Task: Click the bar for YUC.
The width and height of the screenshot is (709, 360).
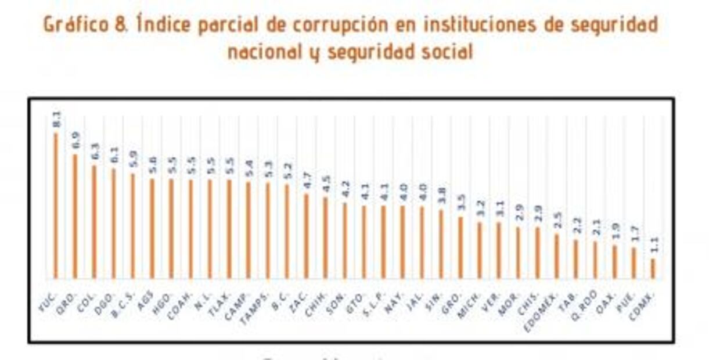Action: click(x=56, y=206)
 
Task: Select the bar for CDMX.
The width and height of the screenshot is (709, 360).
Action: click(x=653, y=268)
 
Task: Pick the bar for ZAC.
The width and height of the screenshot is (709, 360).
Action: click(x=306, y=236)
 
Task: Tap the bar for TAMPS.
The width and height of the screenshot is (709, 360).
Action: click(x=268, y=231)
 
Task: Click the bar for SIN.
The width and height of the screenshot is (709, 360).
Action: click(x=441, y=244)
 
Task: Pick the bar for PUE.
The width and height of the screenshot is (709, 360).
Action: click(x=634, y=263)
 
